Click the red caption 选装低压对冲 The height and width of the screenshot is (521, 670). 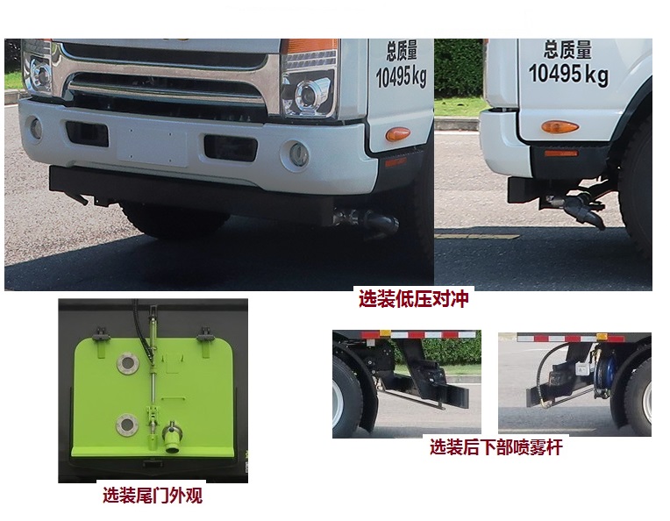[413, 299]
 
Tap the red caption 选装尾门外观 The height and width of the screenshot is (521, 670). [153, 496]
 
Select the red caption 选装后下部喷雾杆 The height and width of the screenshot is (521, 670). [495, 448]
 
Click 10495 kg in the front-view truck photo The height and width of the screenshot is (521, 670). [401, 77]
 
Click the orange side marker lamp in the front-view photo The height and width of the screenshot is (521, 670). [397, 134]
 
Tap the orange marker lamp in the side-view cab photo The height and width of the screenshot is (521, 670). [560, 127]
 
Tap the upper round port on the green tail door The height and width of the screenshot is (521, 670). [128, 362]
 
